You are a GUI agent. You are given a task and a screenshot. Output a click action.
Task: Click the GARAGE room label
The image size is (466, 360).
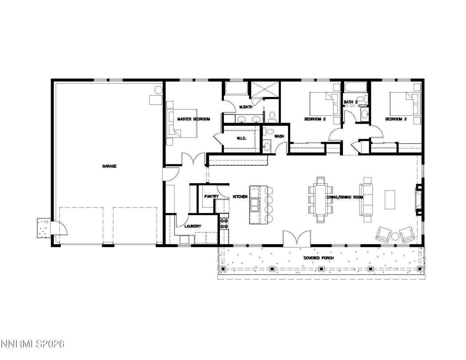(109, 166)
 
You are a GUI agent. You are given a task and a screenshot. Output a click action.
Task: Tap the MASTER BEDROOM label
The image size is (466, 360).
(193, 119)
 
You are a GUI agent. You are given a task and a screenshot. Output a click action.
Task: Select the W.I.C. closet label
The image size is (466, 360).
(242, 138)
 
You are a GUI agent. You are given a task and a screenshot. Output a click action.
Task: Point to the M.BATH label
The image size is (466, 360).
(246, 107)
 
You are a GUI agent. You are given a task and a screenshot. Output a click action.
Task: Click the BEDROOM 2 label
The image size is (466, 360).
(315, 119)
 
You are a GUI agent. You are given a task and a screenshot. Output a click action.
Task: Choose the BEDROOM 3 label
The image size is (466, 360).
(396, 119)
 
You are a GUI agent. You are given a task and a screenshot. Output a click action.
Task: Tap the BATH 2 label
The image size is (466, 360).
(350, 102)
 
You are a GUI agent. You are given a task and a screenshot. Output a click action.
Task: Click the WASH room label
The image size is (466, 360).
(279, 136)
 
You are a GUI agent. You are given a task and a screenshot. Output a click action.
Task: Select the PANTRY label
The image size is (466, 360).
(211, 197)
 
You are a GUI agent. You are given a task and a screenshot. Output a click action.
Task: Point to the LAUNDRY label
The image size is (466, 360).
(193, 226)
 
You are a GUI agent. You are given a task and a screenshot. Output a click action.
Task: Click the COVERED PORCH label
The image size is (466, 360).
(319, 258)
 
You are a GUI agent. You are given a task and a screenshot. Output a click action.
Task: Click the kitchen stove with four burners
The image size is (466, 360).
(224, 223)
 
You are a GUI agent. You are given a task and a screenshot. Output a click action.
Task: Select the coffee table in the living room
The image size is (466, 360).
(390, 199)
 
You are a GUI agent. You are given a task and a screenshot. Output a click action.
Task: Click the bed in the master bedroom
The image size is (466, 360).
(182, 123)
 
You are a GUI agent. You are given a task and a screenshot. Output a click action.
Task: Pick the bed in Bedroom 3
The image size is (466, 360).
(402, 103)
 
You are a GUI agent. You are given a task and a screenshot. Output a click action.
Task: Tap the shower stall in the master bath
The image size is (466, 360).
(265, 90)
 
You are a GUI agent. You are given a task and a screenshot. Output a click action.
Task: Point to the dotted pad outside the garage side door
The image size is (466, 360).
(44, 228)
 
